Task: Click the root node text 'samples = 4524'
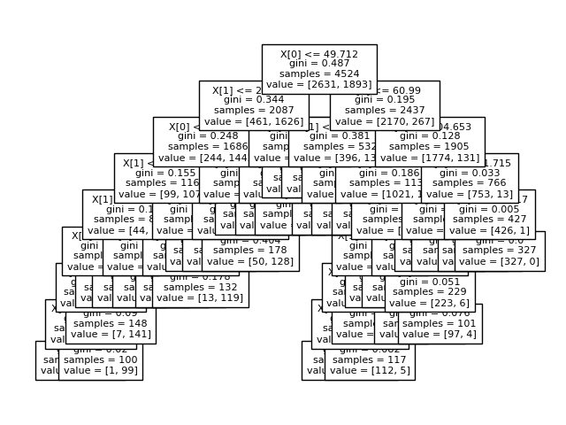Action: pyautogui.click(x=319, y=77)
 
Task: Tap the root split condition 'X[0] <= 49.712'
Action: pyautogui.click(x=319, y=54)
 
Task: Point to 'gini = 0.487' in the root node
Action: pyautogui.click(x=319, y=66)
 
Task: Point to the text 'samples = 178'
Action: pyautogui.click(x=250, y=251)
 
